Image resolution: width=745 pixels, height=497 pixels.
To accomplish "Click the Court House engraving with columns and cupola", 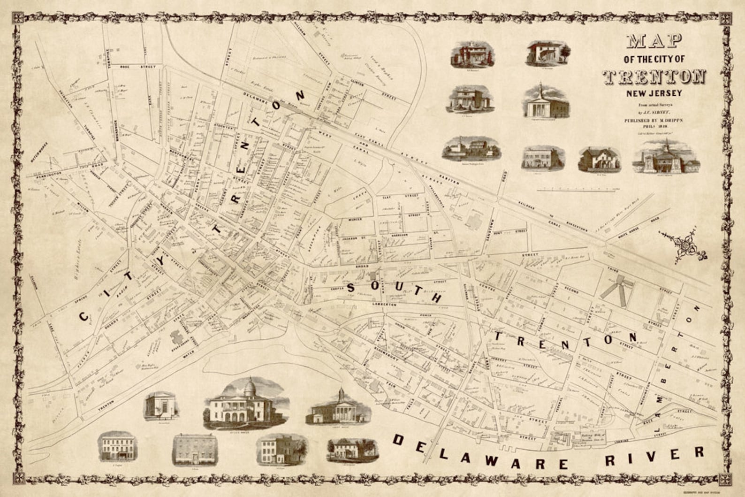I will tap(339, 407).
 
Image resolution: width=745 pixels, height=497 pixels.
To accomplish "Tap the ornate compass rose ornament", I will tap(686, 246).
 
